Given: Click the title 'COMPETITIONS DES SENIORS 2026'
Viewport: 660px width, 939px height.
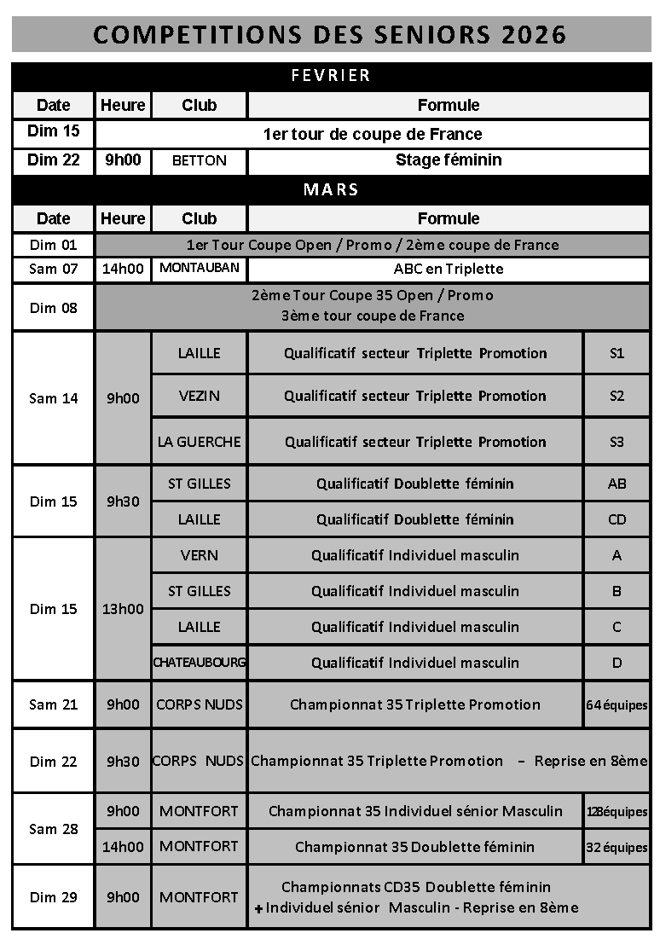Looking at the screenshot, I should [x=330, y=34].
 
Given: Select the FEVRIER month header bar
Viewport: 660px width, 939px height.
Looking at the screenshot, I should [x=330, y=76].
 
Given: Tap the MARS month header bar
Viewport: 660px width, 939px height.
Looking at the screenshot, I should [x=330, y=189].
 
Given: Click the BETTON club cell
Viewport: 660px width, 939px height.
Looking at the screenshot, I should [x=199, y=160].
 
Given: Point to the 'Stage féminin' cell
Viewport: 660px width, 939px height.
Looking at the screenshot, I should [x=449, y=160].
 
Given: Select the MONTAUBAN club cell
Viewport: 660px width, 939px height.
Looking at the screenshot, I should [x=199, y=269].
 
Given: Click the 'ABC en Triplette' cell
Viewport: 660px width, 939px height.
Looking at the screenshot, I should [x=449, y=269].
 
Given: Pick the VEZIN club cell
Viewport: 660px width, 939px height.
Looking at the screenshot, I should [x=199, y=396].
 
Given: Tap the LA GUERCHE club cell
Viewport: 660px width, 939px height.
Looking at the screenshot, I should [x=199, y=442].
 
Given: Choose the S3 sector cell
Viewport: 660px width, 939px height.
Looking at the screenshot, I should [x=617, y=442].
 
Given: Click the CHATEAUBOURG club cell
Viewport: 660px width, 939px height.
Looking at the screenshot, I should [x=199, y=663].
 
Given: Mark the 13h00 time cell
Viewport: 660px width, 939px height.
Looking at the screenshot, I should [x=123, y=609].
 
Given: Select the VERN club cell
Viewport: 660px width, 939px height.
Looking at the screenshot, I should [x=199, y=555].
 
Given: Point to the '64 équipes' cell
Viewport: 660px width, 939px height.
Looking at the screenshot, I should [x=617, y=705].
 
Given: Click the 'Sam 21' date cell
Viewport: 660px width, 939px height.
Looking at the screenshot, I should [x=53, y=704].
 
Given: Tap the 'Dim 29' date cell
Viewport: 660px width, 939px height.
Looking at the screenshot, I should [x=53, y=897].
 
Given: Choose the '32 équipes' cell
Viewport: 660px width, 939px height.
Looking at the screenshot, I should [x=617, y=848].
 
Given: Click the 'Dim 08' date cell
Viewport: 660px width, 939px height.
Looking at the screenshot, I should [x=53, y=308].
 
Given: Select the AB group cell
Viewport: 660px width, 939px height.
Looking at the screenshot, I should [x=617, y=484].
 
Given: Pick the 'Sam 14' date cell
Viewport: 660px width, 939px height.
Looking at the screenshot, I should [x=53, y=398].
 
